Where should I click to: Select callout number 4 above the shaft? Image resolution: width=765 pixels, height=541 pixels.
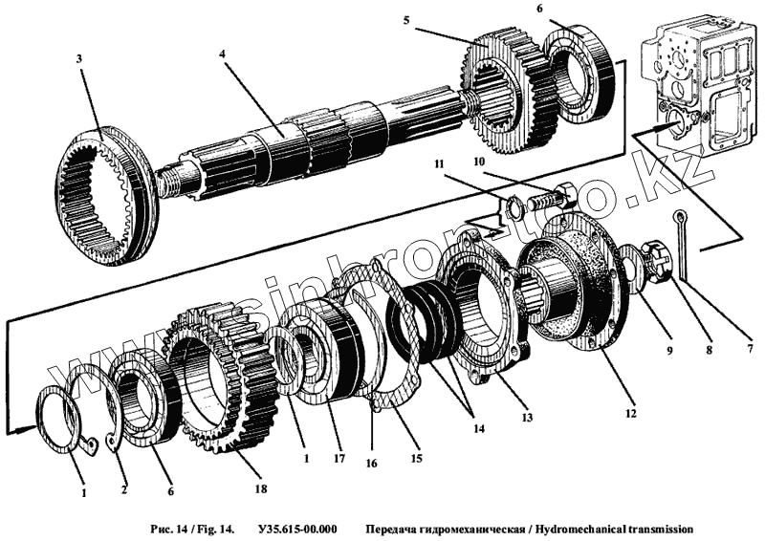[x=222, y=54]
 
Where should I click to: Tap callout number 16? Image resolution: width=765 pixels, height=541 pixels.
[x=371, y=463]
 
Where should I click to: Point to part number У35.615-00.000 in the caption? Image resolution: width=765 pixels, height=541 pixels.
[x=296, y=528]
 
